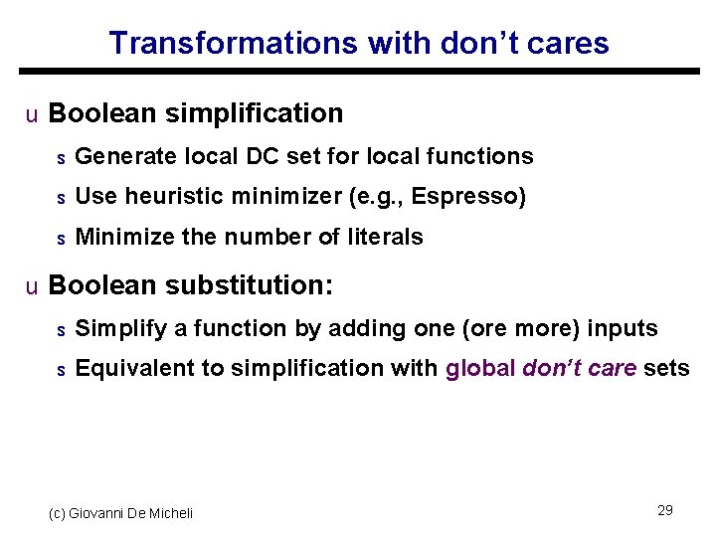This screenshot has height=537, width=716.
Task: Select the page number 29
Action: click(665, 510)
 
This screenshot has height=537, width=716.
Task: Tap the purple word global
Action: click(480, 368)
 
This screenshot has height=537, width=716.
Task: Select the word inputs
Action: click(623, 328)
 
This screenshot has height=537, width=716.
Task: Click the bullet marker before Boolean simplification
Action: click(32, 115)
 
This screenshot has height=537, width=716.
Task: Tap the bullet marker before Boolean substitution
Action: click(32, 287)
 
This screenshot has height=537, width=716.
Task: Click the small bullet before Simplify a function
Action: click(60, 330)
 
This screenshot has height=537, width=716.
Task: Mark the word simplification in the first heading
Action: click(254, 113)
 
